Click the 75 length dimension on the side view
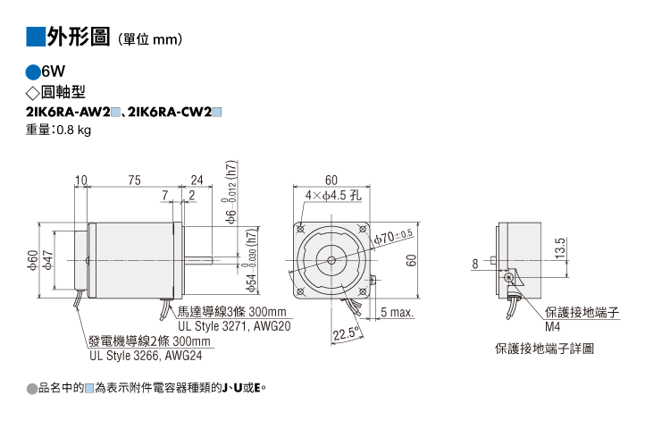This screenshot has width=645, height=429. [x=134, y=181]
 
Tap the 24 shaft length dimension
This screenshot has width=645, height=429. [x=197, y=181]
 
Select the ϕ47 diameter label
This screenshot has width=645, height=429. [x=48, y=260]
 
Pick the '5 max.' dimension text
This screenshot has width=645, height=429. [x=397, y=313]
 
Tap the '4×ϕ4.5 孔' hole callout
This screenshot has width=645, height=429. [x=333, y=195]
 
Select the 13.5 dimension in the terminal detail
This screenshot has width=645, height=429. [x=560, y=248]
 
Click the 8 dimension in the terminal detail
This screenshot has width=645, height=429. [x=475, y=264]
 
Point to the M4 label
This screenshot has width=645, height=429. [x=552, y=327]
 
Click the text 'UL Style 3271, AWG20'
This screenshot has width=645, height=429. [x=234, y=326]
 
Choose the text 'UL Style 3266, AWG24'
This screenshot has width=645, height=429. [x=146, y=356]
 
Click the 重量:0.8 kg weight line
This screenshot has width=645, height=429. [x=58, y=130]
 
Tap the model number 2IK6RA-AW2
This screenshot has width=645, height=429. [x=68, y=112]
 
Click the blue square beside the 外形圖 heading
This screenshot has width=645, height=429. [x=36, y=37]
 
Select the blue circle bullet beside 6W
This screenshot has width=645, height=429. [x=33, y=72]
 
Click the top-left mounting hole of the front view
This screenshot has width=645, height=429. [x=301, y=229]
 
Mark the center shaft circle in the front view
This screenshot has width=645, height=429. [x=331, y=260]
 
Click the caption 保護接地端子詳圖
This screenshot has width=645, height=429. [x=544, y=349]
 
